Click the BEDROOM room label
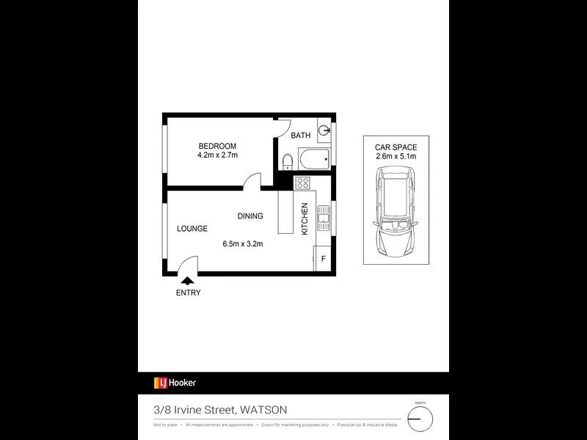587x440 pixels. pos(217,146)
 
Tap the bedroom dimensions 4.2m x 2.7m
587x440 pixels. pos(217,155)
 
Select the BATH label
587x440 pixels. pos(301,136)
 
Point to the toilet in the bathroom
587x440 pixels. pos(288,161)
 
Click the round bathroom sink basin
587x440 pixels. pos(325,133)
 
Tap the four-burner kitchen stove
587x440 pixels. pos(303,183)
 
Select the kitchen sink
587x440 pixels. pos(324,216)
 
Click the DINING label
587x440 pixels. pos(250,216)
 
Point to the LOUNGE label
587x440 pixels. pos(192,228)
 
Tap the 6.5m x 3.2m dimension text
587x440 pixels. pos(243,244)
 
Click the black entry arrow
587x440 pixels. pos(188,279)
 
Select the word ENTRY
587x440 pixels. pos(188,293)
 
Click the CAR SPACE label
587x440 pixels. pos(395,147)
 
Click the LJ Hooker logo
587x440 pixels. pos(175,383)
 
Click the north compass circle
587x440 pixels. pos(420,418)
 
